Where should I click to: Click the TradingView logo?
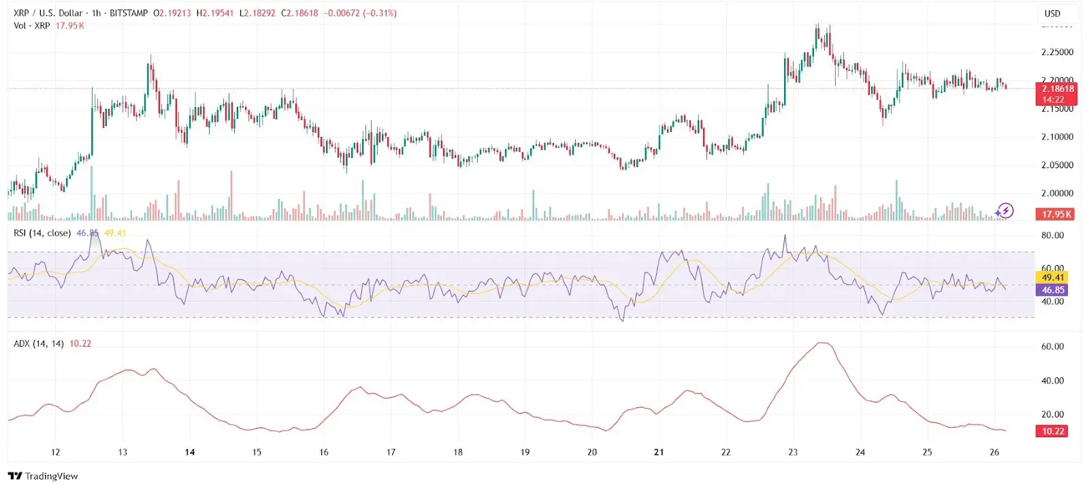point(43,476)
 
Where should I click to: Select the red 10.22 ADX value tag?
point(1053,431)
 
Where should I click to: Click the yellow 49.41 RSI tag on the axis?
point(1053,277)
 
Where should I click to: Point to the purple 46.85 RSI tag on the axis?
point(1053,290)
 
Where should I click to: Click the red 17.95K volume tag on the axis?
point(1057,214)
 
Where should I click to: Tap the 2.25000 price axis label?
point(1057,52)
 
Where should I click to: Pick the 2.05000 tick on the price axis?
point(1057,165)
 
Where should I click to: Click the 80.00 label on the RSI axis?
point(1052,236)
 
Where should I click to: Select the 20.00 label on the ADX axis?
point(1052,414)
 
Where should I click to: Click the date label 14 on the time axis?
point(190,452)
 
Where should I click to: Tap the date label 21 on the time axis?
point(659,452)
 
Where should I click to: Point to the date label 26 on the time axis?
point(994,452)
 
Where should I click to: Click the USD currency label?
point(1052,14)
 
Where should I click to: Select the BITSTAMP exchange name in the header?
point(129,13)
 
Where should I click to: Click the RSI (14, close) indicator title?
point(42,233)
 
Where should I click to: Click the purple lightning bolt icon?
point(1005,211)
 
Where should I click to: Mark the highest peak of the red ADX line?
point(824,343)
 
